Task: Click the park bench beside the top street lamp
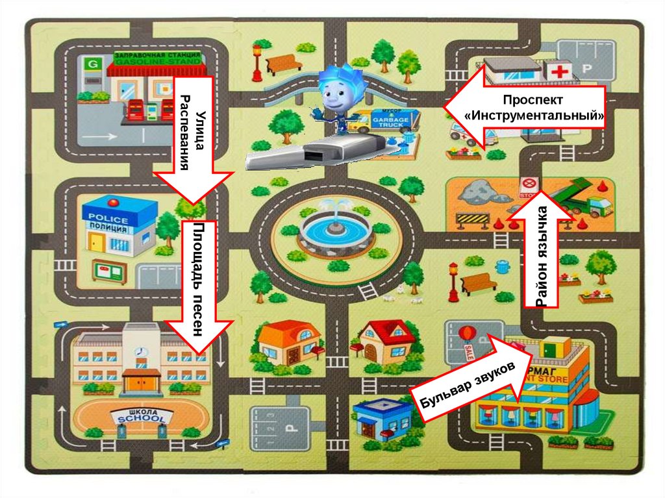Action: tap(284, 63)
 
